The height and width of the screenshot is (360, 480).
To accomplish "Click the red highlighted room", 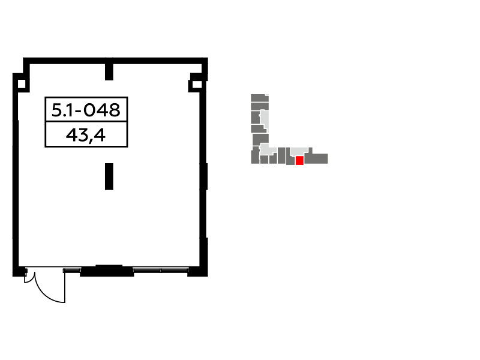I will (299, 160).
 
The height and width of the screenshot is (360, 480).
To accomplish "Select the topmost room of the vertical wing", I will (259, 98).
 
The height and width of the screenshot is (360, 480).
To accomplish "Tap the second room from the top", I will (259, 106).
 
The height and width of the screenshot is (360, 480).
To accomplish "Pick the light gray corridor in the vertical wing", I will (265, 118).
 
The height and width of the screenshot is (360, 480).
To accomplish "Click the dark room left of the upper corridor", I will (255, 118).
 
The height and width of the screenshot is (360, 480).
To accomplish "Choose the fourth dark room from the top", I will (257, 128).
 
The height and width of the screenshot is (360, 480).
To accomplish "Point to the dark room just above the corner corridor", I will (260, 138).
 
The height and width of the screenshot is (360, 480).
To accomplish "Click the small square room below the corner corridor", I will (264, 160).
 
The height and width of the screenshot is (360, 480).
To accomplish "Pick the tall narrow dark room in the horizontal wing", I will (281, 155).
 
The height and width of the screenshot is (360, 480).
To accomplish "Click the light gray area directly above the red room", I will (299, 151).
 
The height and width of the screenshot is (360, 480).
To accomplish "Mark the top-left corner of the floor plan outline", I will (251, 94).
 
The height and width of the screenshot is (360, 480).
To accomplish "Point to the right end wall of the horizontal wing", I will (328, 158).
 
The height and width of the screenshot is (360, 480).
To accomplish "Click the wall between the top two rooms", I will (259, 102).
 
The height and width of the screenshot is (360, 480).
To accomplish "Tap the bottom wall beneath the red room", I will (299, 165).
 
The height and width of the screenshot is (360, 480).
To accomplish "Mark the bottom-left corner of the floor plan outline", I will (251, 164).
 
